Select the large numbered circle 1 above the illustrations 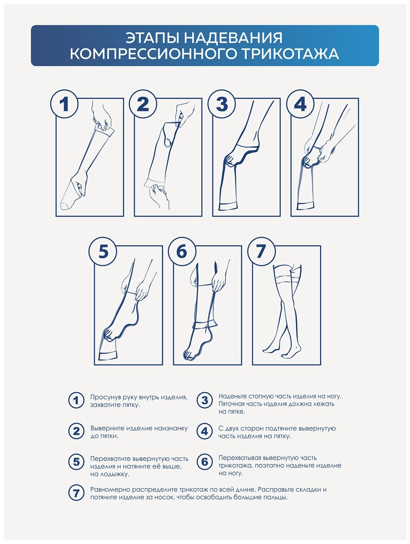(x=64, y=104)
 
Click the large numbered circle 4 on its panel (x=300, y=104)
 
